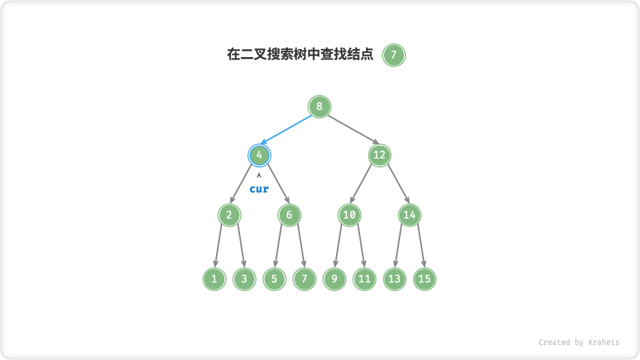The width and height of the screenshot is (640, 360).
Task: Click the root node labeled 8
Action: point(319,106)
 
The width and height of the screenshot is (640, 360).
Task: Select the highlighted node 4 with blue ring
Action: point(259,155)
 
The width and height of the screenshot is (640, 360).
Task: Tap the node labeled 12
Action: point(379,155)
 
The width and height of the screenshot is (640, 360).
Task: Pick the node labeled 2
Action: point(229,215)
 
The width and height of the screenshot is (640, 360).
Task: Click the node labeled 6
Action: point(289,215)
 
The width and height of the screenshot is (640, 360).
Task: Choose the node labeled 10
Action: point(349,215)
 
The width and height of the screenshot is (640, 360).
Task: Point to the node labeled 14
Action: point(409,215)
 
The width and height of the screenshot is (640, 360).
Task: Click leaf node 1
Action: point(214,279)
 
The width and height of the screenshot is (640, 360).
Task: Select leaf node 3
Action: point(244,279)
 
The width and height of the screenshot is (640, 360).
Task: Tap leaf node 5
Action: point(274,279)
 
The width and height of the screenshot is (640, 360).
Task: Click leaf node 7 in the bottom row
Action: point(304,279)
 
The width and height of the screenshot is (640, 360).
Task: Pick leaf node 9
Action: point(334,279)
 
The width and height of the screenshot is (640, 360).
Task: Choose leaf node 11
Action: point(364,279)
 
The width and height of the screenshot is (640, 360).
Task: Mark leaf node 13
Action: point(394,279)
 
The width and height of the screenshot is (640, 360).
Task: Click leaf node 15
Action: point(424,279)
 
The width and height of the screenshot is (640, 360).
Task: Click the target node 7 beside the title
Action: point(393,55)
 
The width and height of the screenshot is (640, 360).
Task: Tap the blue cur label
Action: point(259,189)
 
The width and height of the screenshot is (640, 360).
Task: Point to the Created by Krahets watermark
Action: point(578,342)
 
